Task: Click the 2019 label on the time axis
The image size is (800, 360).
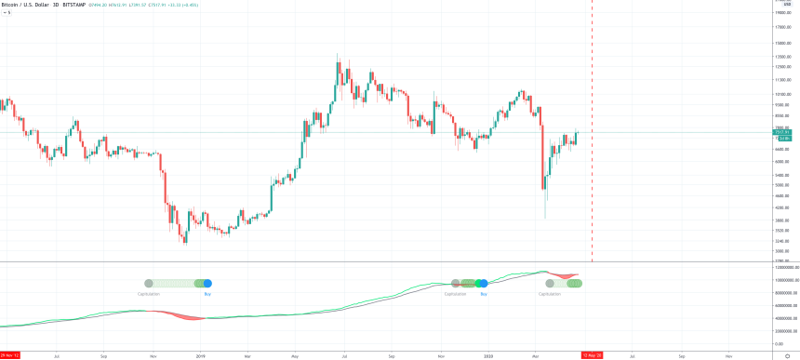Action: (x=201, y=354)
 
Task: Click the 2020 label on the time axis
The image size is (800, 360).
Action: (x=488, y=354)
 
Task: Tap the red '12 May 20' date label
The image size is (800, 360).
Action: (x=592, y=354)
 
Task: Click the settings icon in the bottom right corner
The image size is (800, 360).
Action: (x=787, y=354)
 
